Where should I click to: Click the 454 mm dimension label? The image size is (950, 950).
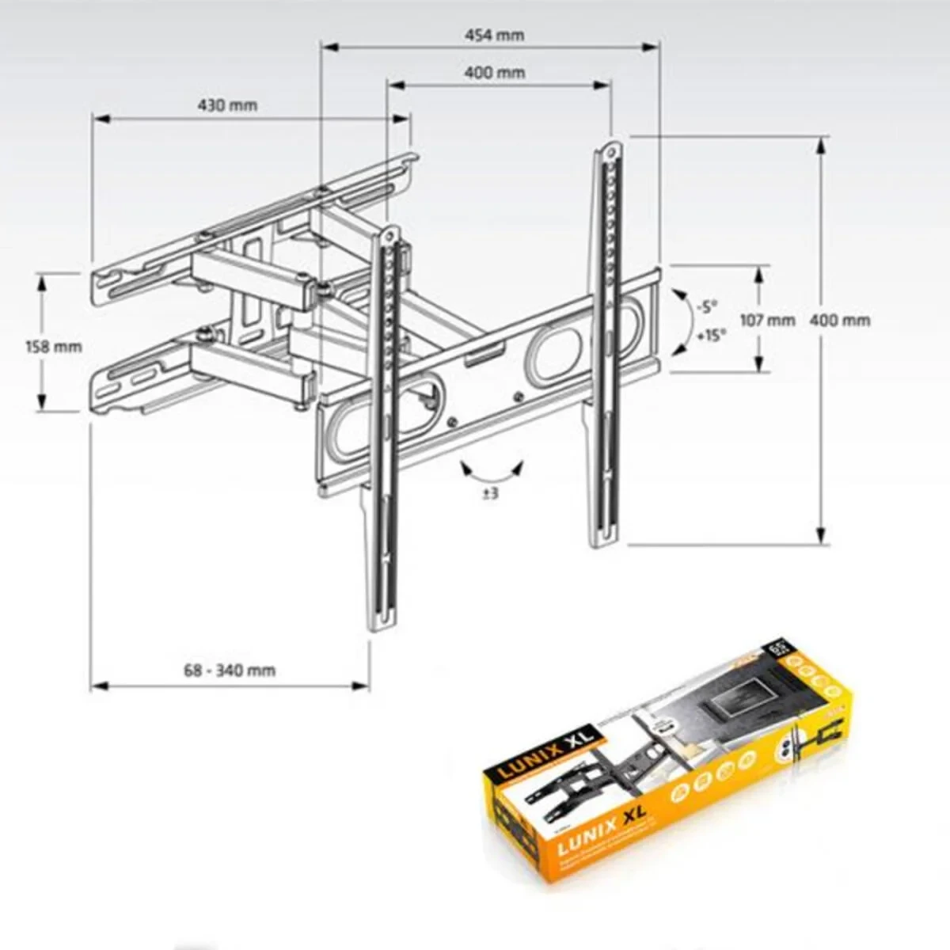[494, 35]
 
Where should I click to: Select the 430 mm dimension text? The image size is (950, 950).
[227, 105]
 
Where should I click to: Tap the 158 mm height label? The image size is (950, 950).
[54, 346]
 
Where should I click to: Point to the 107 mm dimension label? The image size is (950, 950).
[766, 320]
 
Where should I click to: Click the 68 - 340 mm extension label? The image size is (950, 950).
[230, 670]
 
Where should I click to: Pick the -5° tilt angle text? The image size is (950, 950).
[706, 306]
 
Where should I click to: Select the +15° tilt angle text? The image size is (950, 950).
[711, 335]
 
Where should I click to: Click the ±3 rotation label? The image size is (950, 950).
[490, 493]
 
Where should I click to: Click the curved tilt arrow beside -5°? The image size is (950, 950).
[680, 321]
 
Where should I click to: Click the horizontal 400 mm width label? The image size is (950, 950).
[494, 72]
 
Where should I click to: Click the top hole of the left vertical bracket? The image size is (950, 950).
[389, 234]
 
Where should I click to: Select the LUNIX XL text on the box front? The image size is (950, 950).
[600, 826]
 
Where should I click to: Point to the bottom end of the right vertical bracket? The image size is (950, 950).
[603, 541]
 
